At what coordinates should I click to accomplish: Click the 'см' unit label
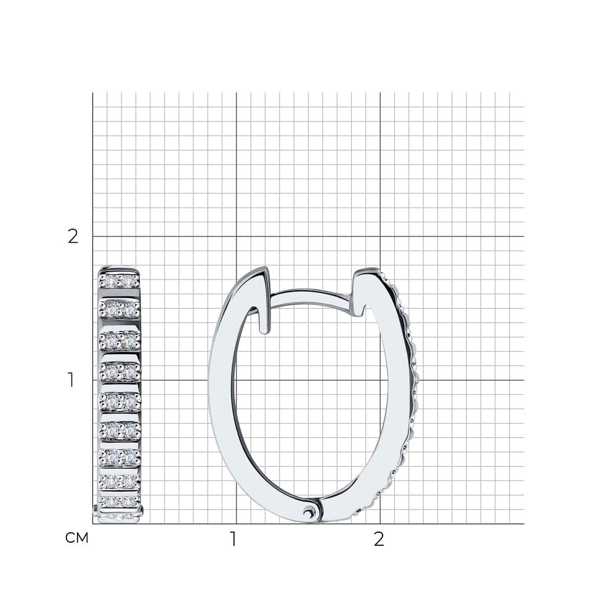pyautogui.click(x=76, y=538)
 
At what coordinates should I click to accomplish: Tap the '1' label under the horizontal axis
pyautogui.click(x=233, y=540)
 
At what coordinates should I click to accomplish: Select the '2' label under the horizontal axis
pyautogui.click(x=379, y=540)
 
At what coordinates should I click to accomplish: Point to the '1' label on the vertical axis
pyautogui.click(x=71, y=380)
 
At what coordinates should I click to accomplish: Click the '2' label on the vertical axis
pyautogui.click(x=73, y=236)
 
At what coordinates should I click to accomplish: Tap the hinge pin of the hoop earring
pyautogui.click(x=309, y=512)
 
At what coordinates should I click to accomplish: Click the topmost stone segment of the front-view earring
pyautogui.click(x=119, y=280)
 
